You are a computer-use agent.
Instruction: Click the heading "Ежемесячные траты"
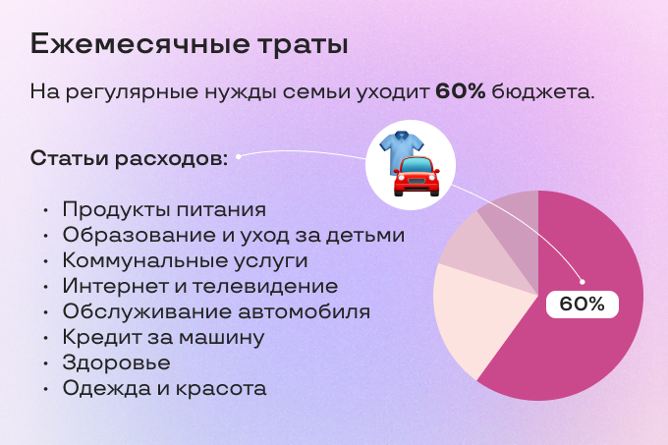click(189, 44)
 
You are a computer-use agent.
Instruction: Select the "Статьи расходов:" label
click(129, 158)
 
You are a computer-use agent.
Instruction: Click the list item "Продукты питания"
click(164, 209)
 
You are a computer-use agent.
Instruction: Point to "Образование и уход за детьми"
click(233, 235)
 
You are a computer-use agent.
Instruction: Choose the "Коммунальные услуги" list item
click(185, 260)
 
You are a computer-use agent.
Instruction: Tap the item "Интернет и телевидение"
click(199, 286)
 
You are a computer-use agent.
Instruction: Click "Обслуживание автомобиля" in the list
click(216, 311)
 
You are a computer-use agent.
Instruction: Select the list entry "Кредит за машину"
click(163, 337)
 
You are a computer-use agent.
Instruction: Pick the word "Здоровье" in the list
click(116, 362)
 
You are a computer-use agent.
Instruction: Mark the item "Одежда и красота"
click(164, 388)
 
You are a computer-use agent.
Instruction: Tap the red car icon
click(417, 177)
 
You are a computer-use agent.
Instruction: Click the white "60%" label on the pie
click(582, 304)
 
